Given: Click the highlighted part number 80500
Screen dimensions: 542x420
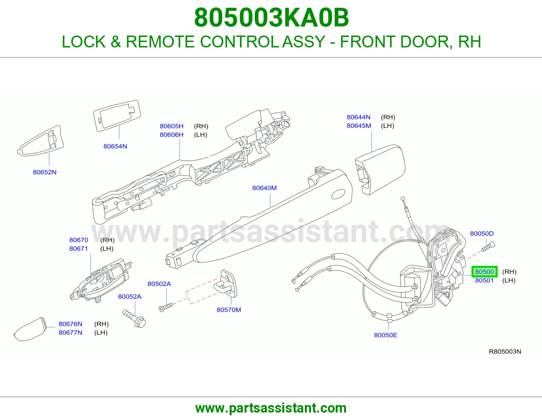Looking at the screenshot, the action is click(484, 272).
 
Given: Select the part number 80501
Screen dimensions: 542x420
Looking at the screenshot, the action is click(484, 280).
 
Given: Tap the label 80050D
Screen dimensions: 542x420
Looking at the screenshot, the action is click(482, 233).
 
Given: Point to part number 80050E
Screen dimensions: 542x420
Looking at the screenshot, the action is click(385, 335).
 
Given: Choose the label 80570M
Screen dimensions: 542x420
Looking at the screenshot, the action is click(229, 310).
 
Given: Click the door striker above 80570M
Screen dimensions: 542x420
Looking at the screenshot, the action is click(225, 284).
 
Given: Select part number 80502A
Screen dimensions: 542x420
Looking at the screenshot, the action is click(159, 284).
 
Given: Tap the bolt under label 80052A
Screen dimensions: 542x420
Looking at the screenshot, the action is click(134, 318).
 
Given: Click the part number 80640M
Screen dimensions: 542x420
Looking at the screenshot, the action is click(264, 188).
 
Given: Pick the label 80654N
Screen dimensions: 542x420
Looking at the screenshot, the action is click(115, 146).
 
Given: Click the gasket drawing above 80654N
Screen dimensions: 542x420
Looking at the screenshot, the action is click(117, 115).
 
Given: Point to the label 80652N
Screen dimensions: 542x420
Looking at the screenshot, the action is click(45, 172).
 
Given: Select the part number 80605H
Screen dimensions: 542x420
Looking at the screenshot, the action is click(172, 126).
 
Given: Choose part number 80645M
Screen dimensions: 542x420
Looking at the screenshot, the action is click(359, 126).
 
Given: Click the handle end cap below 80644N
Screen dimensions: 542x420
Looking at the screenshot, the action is click(380, 170).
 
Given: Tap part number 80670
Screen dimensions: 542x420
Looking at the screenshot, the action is click(79, 240).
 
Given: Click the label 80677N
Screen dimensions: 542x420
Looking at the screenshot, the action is click(70, 333).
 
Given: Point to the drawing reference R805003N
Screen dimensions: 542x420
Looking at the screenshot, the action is click(505, 352).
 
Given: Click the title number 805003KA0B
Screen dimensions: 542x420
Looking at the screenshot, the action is click(271, 18).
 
